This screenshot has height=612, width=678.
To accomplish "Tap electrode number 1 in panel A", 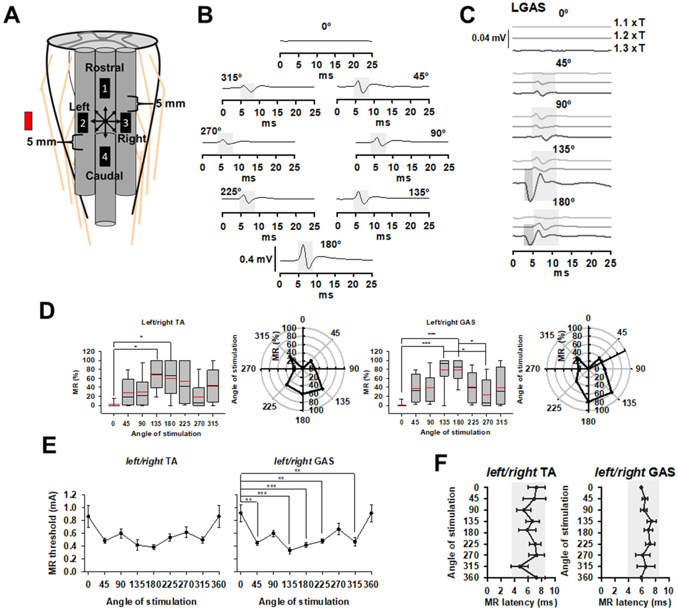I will point(105,89).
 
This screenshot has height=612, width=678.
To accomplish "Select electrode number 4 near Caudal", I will point(105,157).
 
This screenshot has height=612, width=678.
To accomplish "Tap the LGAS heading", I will point(528,7).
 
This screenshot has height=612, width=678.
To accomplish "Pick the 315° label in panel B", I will point(231,78).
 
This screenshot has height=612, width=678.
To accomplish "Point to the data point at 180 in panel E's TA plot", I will point(154,547).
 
